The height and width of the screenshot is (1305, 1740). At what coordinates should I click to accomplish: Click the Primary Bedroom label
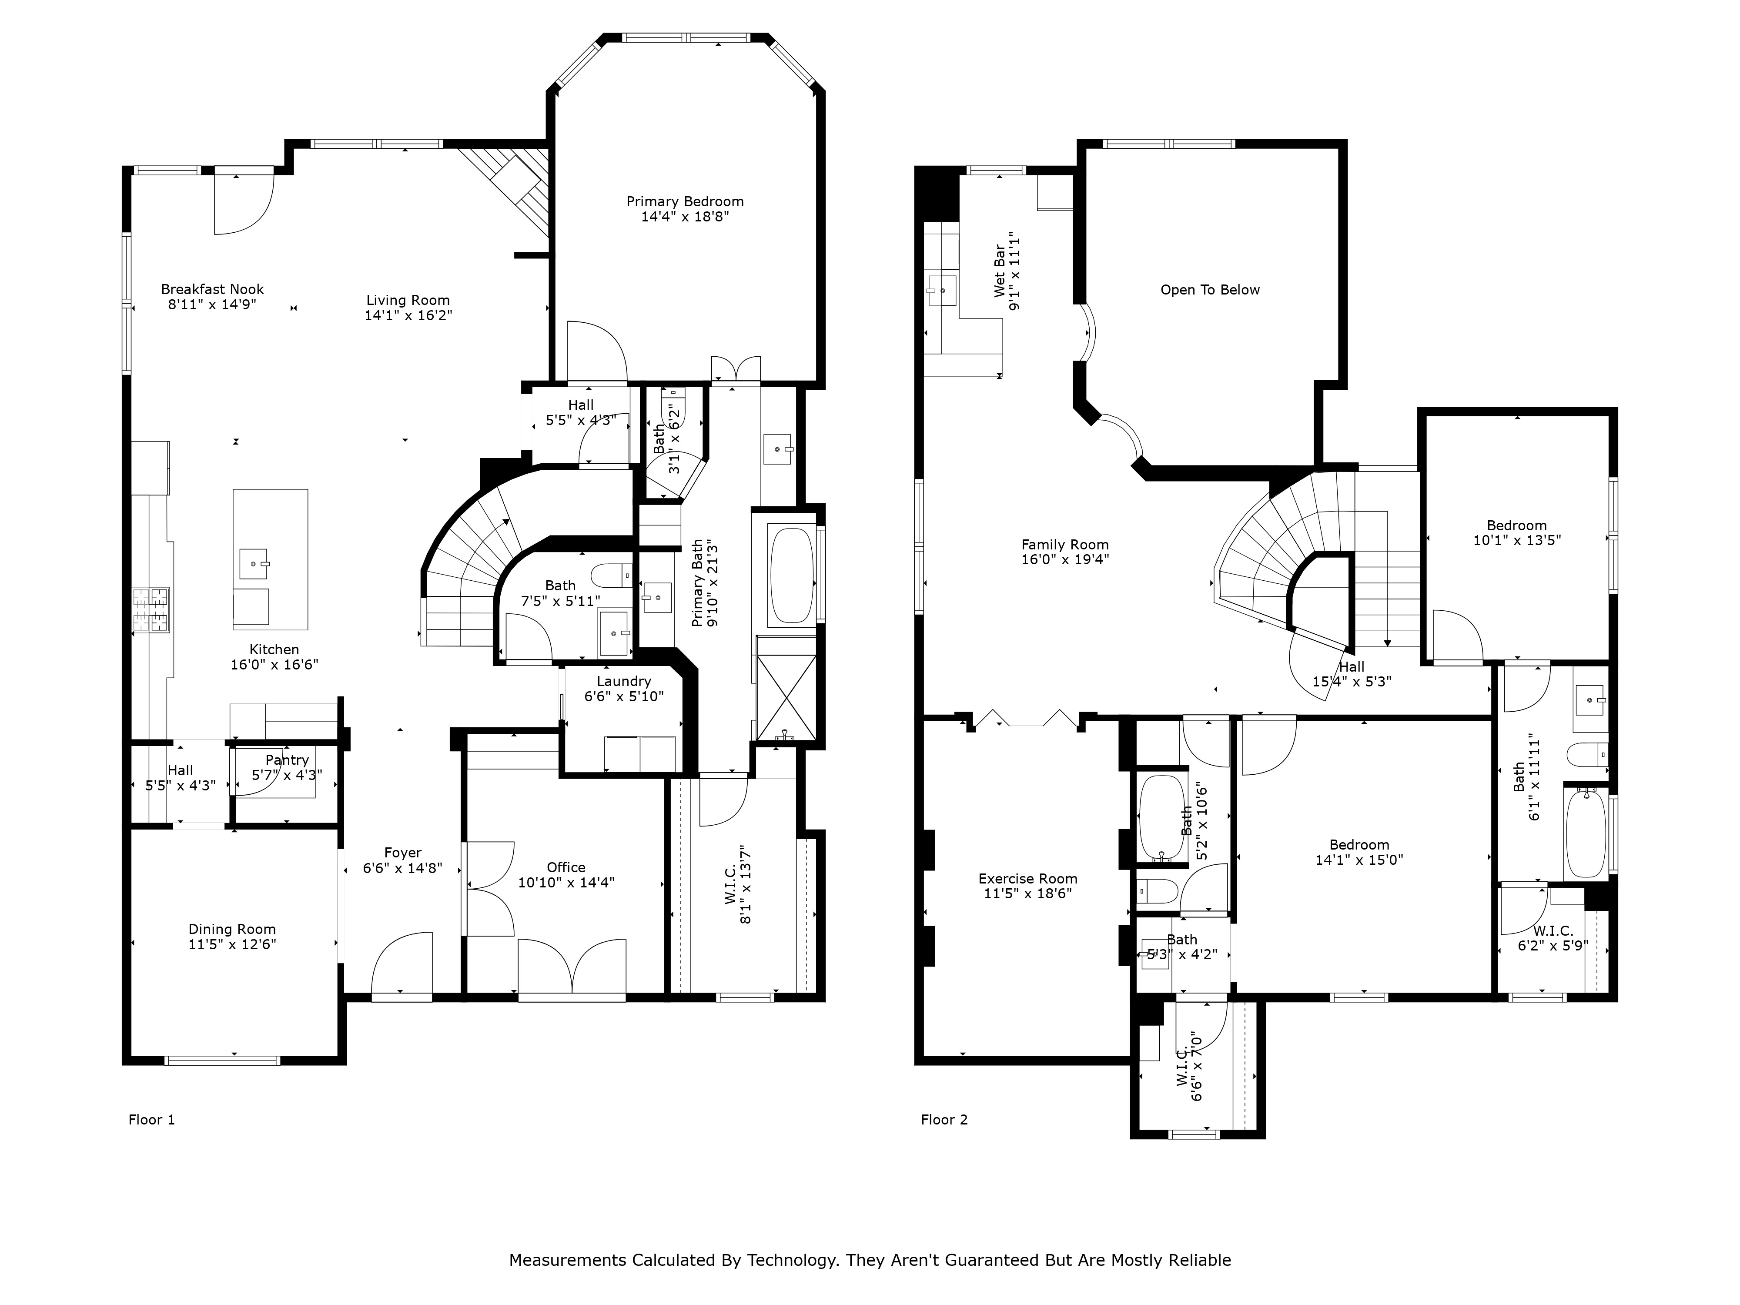[x=684, y=201]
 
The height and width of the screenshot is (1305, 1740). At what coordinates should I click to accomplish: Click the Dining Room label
[x=232, y=929]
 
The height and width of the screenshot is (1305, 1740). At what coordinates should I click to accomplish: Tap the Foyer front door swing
[x=401, y=964]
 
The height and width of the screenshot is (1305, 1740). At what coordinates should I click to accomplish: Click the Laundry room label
[x=623, y=681]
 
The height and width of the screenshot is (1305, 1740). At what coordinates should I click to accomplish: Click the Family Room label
[x=1064, y=544]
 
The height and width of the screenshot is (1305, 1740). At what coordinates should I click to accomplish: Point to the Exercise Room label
[x=1027, y=879]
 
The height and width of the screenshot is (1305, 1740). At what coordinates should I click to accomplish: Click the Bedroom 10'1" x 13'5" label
[x=1516, y=525]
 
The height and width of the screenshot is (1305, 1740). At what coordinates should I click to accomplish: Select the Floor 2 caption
[x=944, y=1119]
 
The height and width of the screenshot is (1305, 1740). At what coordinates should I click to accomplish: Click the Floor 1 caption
[x=151, y=1119]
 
